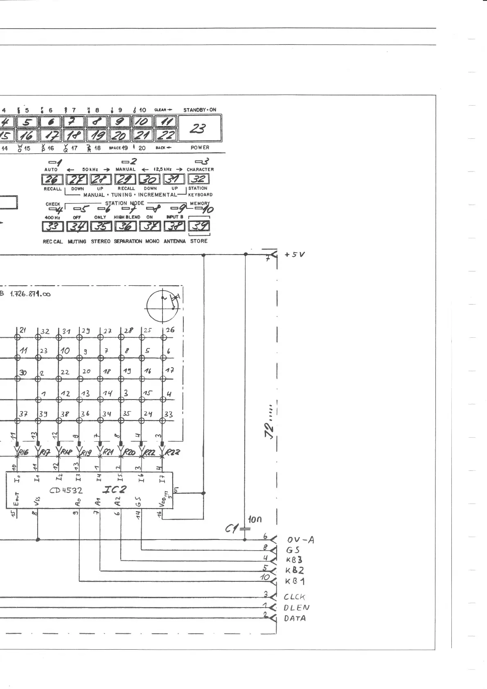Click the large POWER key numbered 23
(200, 129)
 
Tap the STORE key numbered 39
(199, 226)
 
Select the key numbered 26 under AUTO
(52, 179)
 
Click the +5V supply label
(295, 254)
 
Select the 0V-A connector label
(300, 540)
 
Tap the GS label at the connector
(293, 550)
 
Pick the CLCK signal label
(294, 597)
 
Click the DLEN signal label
(296, 608)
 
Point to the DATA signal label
(295, 618)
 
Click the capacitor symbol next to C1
(245, 529)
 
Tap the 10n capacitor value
(255, 520)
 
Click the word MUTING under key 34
(77, 242)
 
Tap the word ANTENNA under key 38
(174, 242)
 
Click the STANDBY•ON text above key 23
(200, 110)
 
